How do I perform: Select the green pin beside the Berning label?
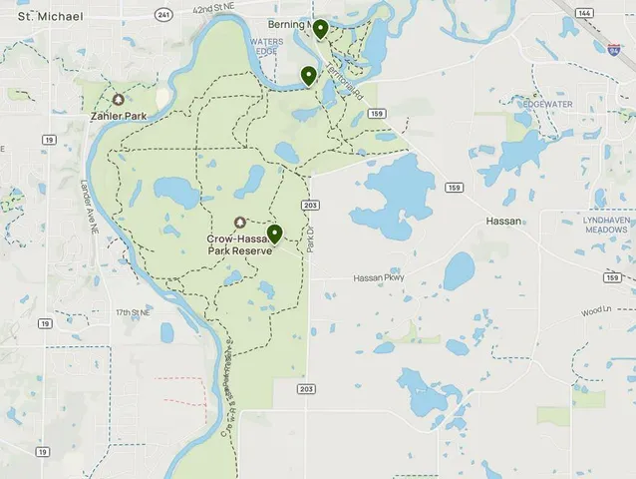(x=320, y=29)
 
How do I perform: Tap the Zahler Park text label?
(x=119, y=116)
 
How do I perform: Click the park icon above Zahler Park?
(x=119, y=100)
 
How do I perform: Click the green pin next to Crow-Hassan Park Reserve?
(x=274, y=234)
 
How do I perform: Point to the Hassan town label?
(x=502, y=221)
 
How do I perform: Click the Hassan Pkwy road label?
(x=379, y=278)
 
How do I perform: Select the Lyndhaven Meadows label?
(x=605, y=224)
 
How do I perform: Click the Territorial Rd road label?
(x=340, y=75)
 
